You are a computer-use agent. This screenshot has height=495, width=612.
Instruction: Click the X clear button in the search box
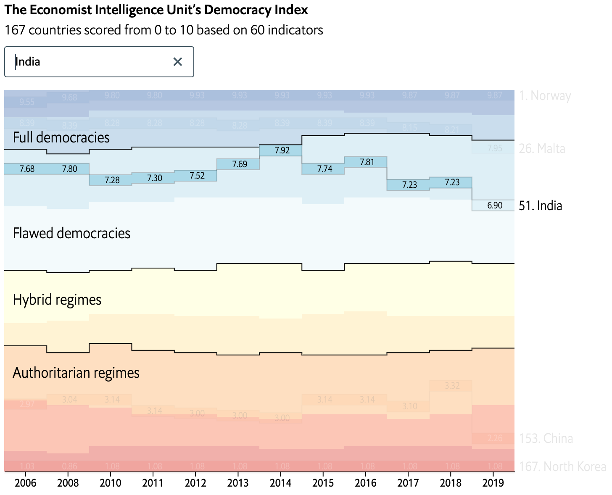point(178,62)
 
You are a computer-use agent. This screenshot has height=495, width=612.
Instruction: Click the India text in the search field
point(28,62)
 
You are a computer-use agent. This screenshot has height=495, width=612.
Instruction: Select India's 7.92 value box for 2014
point(282,150)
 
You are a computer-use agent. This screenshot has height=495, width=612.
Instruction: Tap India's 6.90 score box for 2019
point(494,205)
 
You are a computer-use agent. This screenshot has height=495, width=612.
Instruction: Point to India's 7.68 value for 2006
point(27,169)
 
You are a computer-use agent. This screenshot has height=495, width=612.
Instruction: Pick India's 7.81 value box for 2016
point(367,162)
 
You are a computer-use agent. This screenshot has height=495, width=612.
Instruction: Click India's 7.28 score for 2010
point(112,180)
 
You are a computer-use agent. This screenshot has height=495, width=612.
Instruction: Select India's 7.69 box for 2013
point(240,164)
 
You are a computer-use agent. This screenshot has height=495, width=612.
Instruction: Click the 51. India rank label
point(540,205)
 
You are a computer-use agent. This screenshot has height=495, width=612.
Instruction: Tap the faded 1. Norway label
point(545,96)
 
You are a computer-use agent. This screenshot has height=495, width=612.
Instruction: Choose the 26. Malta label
point(542,148)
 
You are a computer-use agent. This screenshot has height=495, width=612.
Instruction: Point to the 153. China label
point(546,438)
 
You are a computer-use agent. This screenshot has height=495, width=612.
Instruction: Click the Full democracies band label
point(61,137)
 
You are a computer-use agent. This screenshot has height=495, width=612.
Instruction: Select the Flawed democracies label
point(71,233)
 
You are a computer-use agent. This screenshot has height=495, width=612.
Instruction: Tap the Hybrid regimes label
point(57,300)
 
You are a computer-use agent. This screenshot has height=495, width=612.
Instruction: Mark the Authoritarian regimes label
point(76,373)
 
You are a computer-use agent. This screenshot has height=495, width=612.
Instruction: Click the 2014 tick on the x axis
point(280,483)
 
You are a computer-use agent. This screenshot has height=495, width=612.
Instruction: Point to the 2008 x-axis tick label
point(68,483)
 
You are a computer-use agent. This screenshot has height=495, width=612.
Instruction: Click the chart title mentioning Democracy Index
point(156,10)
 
